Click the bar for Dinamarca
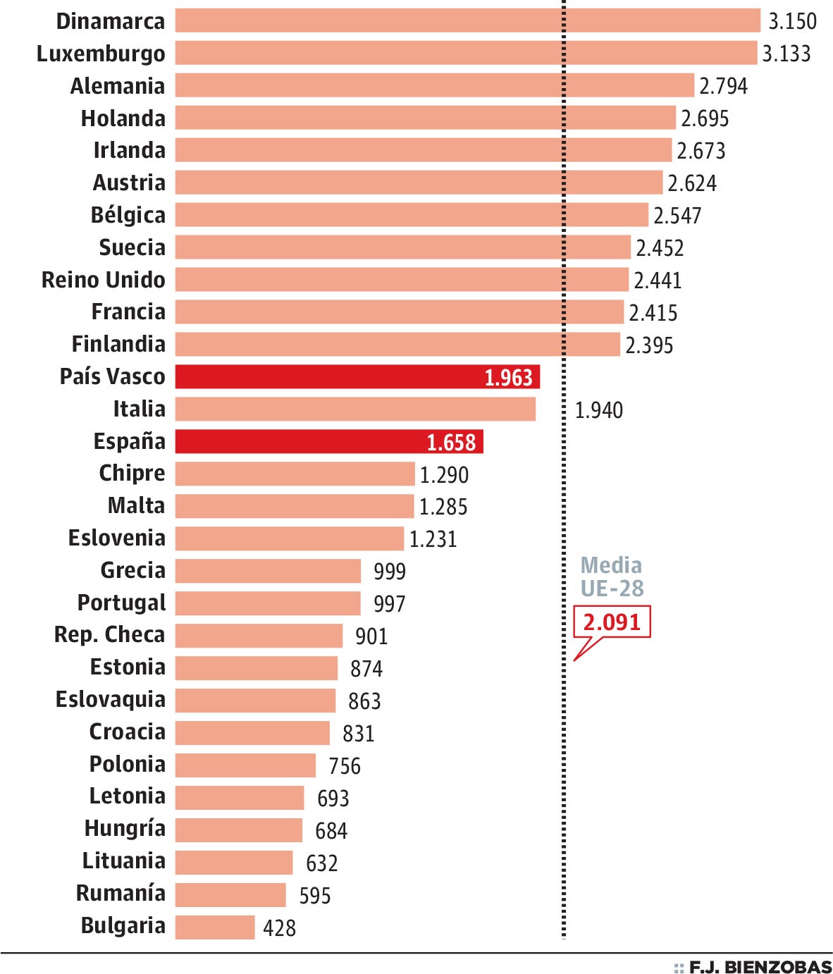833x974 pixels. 467,20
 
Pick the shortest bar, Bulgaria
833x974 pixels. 215,927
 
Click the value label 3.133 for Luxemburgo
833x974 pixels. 786,54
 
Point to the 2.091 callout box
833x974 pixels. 612,622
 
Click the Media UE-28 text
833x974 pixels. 612,577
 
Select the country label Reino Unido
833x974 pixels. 103,280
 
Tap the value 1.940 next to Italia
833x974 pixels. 599,410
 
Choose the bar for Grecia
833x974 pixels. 268,571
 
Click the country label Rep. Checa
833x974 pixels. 109,635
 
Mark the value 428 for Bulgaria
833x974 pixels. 279,928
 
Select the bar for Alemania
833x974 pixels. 434,85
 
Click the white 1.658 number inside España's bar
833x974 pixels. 451,443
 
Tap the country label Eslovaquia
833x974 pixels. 111,700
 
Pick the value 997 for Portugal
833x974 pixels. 389,604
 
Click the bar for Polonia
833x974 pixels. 245,765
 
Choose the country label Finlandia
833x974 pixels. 118,345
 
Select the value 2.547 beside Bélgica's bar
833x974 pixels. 677,216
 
